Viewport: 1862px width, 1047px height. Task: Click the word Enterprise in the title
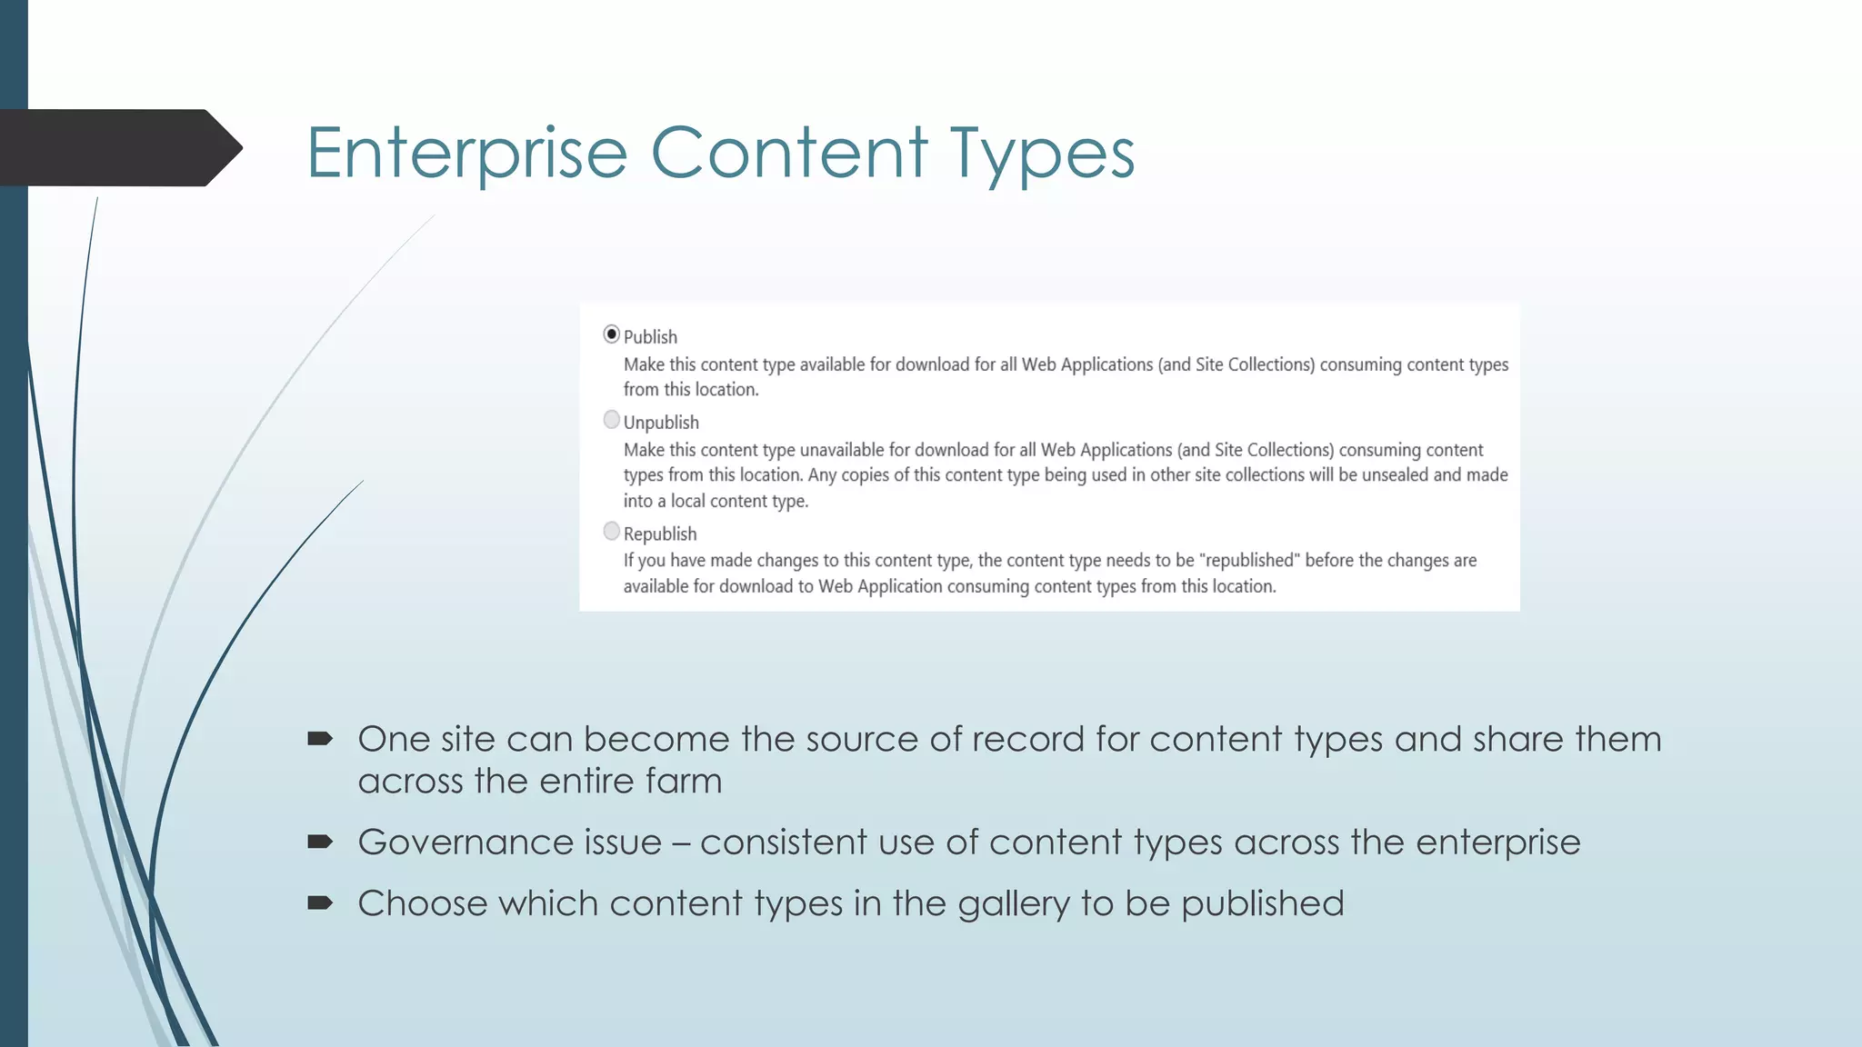click(466, 153)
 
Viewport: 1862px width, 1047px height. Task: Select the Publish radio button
click(612, 334)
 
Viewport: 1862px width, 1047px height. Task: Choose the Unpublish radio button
click(612, 420)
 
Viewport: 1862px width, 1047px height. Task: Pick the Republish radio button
click(612, 531)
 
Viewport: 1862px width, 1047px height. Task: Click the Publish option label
click(650, 337)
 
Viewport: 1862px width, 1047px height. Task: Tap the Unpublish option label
click(661, 423)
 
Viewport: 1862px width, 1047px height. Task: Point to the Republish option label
click(660, 534)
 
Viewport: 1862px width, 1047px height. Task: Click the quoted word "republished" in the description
click(1248, 561)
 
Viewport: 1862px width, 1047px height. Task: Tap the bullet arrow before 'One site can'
click(320, 739)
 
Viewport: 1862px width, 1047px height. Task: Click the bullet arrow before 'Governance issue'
click(320, 843)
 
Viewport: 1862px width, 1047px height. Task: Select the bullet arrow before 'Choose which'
click(320, 903)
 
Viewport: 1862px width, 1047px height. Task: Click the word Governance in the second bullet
click(509, 843)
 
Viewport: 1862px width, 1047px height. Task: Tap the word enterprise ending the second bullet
click(1497, 843)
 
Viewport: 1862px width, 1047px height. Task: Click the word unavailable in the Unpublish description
click(841, 450)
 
